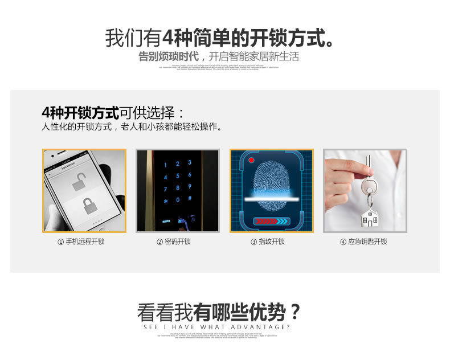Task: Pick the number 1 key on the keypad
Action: pyautogui.click(x=166, y=164)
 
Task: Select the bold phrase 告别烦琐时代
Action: pyautogui.click(x=169, y=57)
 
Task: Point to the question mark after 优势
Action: pyautogui.click(x=294, y=312)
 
